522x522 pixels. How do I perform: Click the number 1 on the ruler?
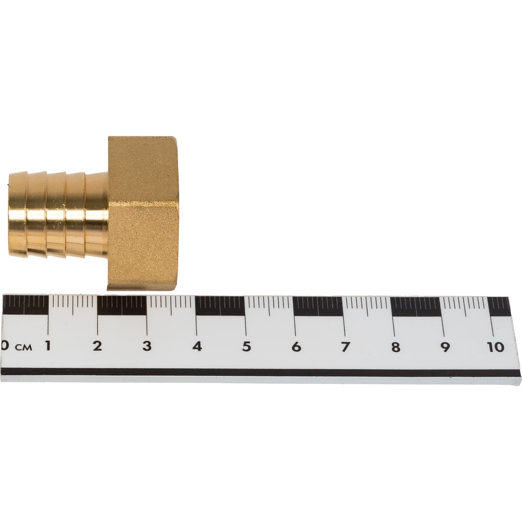coord(48,346)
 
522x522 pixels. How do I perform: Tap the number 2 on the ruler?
coord(97,346)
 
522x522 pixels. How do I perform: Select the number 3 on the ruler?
coord(147,346)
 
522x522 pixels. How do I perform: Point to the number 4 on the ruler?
coord(197,347)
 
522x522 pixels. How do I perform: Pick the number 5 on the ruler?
coord(246,347)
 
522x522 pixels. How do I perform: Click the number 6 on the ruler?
coord(296,347)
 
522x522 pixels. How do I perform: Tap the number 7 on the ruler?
coord(346,347)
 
